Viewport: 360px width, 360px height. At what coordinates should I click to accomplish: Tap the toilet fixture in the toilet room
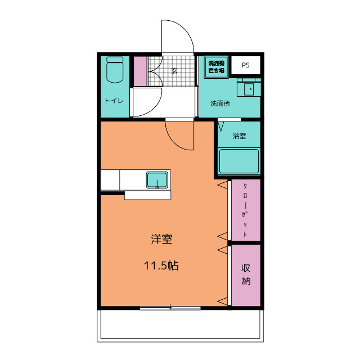pos(114,69)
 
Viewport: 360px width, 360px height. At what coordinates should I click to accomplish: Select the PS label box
pos(245,65)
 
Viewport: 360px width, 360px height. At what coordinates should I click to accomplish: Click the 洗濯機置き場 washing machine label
pos(216,67)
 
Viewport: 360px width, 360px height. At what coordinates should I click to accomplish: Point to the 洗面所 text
pos(220,103)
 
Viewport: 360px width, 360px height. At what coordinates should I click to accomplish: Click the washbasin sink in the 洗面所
pos(249,88)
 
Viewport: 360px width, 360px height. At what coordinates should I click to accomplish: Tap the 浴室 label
pos(239,136)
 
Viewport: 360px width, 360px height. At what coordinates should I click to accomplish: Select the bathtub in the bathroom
pos(239,161)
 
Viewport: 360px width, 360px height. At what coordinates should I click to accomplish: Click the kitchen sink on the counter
pos(157,180)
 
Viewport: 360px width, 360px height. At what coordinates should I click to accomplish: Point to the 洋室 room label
pos(161,239)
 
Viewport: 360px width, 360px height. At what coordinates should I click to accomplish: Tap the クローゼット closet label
pos(246,210)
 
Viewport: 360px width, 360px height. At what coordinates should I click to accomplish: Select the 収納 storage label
pos(246,274)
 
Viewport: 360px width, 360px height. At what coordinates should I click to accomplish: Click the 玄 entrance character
pos(174,71)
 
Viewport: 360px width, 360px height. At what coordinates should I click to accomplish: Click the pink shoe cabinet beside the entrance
pos(140,71)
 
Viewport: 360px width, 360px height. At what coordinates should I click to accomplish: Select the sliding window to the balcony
pos(170,308)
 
